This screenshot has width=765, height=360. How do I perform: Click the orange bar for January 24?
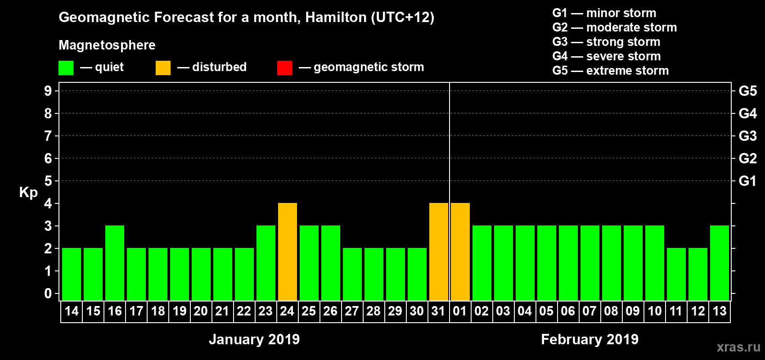pos(288,252)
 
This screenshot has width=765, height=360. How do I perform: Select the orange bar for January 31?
pos(439,252)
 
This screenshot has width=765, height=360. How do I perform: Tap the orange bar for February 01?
pos(460,252)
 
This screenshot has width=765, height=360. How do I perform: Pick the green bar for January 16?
pos(115,263)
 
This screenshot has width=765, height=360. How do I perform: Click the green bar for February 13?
pos(720,263)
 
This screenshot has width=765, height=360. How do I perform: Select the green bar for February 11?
pos(676,274)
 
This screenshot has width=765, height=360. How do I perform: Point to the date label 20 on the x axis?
pos(201,311)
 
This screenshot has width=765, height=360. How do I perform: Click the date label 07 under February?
pos(589,311)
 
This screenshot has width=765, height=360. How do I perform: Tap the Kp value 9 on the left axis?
pos(48,91)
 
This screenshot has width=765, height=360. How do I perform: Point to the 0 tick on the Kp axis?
pos(48,293)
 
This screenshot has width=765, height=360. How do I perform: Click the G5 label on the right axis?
pos(747,91)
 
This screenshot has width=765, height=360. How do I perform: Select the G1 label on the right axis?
pos(747,181)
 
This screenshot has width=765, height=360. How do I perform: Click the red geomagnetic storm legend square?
pos(284,68)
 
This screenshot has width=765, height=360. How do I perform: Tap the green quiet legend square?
pos(66,68)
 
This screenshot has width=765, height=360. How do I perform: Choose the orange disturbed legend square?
pos(163,68)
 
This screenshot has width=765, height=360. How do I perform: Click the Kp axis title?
pos(28,193)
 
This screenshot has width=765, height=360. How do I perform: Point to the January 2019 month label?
pos(254,339)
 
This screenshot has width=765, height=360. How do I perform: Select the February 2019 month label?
pos(589,339)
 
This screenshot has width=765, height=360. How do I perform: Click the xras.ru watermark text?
pos(738,347)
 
